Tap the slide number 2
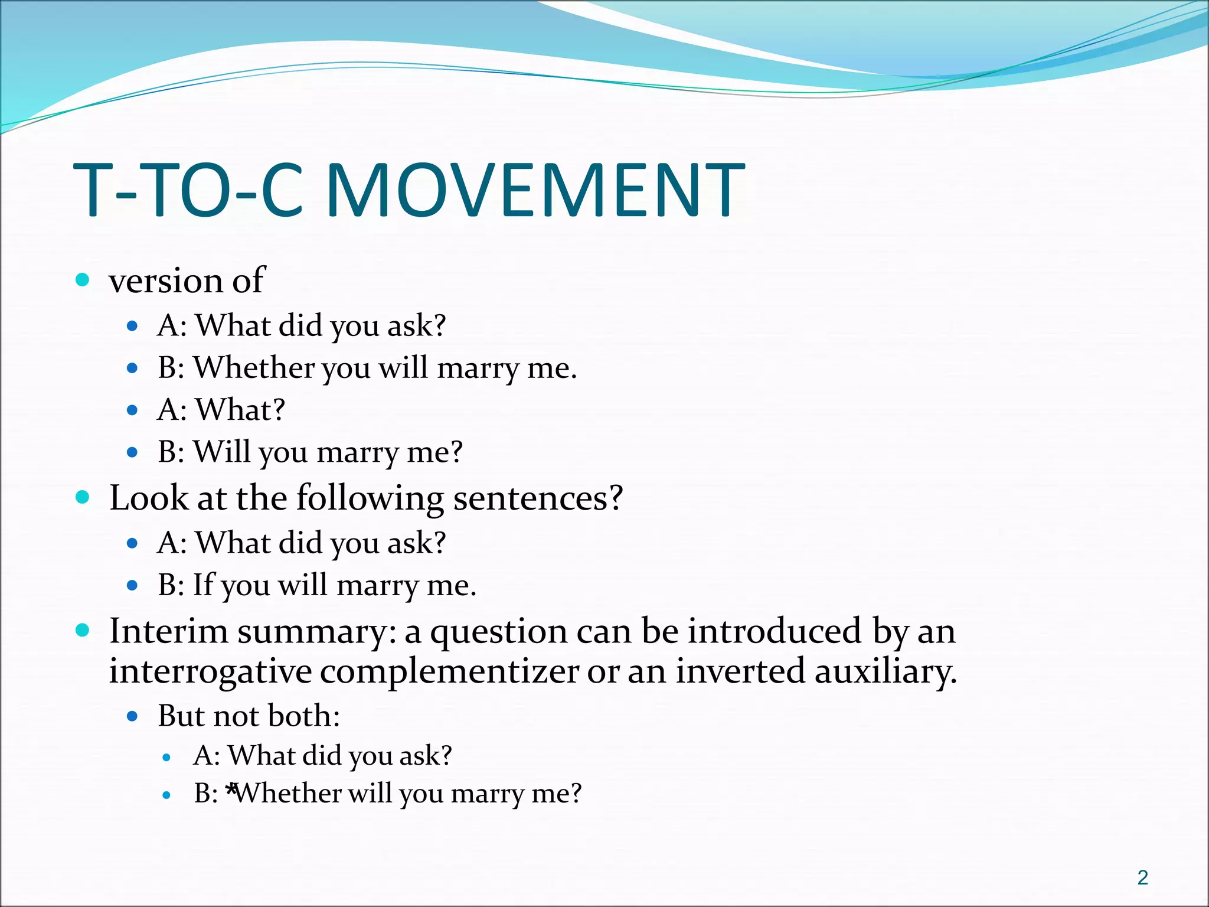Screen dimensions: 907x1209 coord(1142,877)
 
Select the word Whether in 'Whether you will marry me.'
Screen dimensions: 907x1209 coord(253,367)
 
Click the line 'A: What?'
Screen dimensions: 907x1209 coord(221,409)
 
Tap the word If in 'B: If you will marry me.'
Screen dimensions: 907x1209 coord(203,585)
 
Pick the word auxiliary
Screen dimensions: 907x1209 coord(885,672)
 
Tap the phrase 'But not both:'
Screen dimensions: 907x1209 coord(249,716)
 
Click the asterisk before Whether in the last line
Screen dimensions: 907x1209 coord(231,789)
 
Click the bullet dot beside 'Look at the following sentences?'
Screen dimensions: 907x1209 coord(83,498)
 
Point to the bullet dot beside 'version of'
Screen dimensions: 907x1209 coord(83,280)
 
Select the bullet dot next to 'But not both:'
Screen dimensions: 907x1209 coord(132,717)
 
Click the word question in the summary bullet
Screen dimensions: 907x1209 coord(498,632)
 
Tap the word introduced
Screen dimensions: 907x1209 coord(774,631)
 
